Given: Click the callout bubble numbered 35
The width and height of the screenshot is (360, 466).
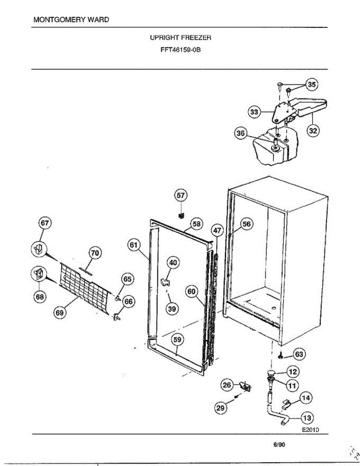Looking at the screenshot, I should pyautogui.click(x=312, y=84).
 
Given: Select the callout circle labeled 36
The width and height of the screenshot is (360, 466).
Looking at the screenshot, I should pyautogui.click(x=241, y=134).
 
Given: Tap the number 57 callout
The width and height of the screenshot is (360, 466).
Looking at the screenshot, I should pyautogui.click(x=181, y=196).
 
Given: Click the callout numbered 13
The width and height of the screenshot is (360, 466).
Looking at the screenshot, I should pyautogui.click(x=307, y=418).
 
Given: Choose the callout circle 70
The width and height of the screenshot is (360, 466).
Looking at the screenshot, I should pyautogui.click(x=94, y=253).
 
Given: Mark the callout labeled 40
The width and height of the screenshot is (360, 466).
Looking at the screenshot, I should pyautogui.click(x=173, y=263).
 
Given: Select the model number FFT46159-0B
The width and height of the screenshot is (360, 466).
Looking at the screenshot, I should pyautogui.click(x=180, y=50).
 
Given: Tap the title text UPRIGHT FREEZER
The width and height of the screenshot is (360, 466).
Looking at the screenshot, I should pyautogui.click(x=180, y=38).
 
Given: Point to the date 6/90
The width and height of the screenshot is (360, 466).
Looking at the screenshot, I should pyautogui.click(x=279, y=445).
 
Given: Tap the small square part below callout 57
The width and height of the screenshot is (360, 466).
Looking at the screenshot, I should pyautogui.click(x=181, y=215).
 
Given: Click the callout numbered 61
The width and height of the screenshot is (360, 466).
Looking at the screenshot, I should pyautogui.click(x=134, y=245).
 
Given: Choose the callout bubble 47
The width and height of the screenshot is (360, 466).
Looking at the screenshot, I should pyautogui.click(x=217, y=230).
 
